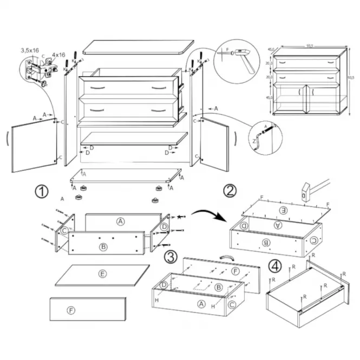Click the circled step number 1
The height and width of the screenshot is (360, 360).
coord(41,191)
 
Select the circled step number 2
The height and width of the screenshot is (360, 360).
coord(230,191)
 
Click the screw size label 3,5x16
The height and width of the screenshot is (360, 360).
coord(30,50)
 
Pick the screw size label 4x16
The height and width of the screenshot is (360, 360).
coord(58,55)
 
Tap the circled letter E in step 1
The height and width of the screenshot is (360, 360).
coord(102,274)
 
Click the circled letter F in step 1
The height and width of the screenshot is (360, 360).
coord(70,310)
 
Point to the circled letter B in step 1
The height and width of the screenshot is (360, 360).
coord(103,247)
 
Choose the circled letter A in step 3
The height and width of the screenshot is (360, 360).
coord(201,304)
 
